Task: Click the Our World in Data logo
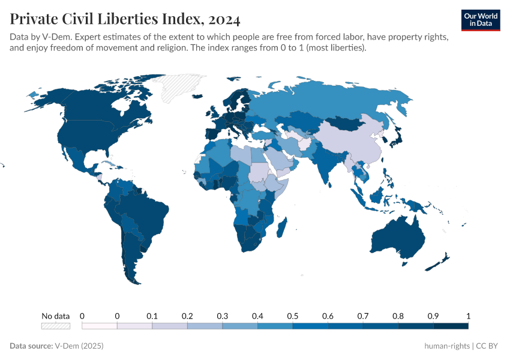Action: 480,19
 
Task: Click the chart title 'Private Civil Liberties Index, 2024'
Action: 125,19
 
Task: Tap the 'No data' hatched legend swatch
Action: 55,326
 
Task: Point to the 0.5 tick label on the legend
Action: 293,316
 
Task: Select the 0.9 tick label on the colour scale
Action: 433,316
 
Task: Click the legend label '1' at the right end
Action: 468,316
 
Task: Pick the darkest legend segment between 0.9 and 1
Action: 451,326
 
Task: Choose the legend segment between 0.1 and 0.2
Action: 170,326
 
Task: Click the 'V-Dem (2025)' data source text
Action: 79,346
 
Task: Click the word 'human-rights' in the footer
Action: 447,346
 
